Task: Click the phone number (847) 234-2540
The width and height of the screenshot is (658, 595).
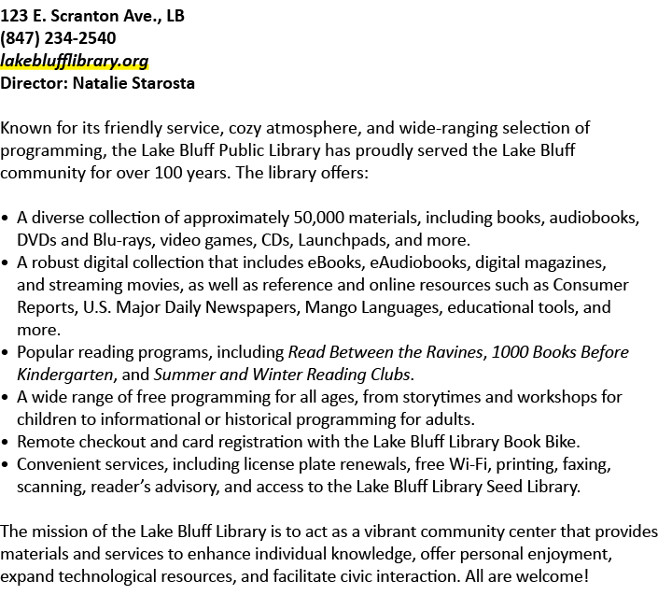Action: coord(58,38)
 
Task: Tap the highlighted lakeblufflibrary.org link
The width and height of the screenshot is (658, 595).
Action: coord(75,61)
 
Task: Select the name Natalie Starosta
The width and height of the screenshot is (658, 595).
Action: coord(133,83)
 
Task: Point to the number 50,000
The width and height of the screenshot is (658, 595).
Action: coord(318,218)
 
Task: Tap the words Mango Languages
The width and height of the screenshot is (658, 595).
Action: coord(373,308)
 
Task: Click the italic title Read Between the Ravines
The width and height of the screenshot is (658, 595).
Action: coord(385,352)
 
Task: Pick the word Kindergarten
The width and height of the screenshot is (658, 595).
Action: coord(65,375)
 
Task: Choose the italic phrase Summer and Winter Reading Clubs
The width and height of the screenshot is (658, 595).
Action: coord(282,375)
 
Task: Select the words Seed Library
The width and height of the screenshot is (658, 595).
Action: coord(532,487)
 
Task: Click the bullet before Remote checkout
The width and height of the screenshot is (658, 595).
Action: coord(5,443)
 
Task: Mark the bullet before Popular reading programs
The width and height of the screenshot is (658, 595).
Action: coord(5,353)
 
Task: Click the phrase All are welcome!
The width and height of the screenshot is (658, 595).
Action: coord(526,576)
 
